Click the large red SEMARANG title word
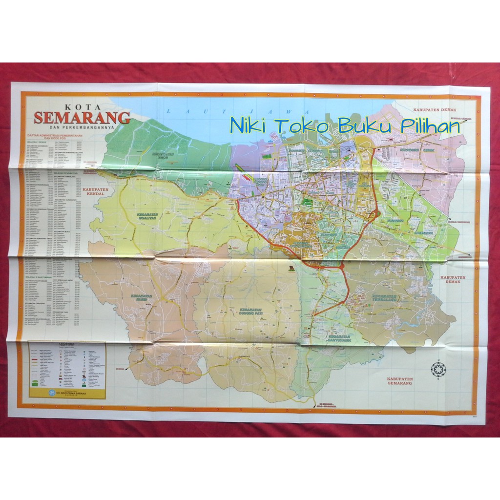[82, 118]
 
